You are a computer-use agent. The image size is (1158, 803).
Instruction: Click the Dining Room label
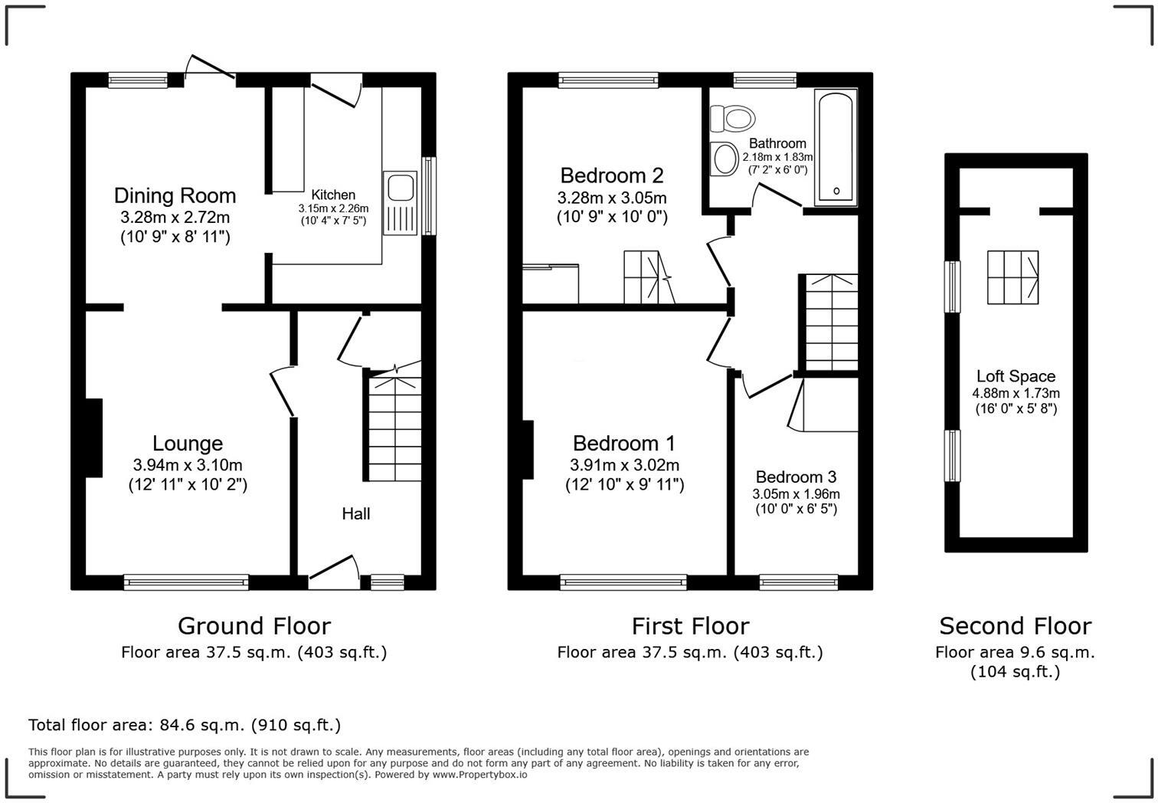[175, 195]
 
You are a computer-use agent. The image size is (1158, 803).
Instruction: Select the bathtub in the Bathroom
[835, 147]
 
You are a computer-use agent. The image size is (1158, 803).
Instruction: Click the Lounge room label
[188, 444]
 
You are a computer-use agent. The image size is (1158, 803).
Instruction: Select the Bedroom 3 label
[796, 477]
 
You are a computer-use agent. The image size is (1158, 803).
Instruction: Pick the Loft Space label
[1016, 376]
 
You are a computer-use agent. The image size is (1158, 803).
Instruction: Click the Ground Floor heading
[254, 626]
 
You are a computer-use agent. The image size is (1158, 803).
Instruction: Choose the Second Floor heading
[1015, 626]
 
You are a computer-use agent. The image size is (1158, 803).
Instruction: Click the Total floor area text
[185, 725]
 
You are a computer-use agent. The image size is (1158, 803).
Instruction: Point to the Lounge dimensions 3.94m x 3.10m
[188, 465]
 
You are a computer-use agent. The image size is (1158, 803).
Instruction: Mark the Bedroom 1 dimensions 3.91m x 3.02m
[624, 465]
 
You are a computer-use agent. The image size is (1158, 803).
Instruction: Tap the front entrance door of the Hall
[334, 573]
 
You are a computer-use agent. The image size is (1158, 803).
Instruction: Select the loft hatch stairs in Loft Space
[1012, 277]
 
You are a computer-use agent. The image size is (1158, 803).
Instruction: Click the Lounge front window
[186, 583]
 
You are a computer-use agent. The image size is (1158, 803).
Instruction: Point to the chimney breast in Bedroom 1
[528, 449]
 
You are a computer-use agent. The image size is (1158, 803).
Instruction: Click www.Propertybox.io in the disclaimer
[479, 775]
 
